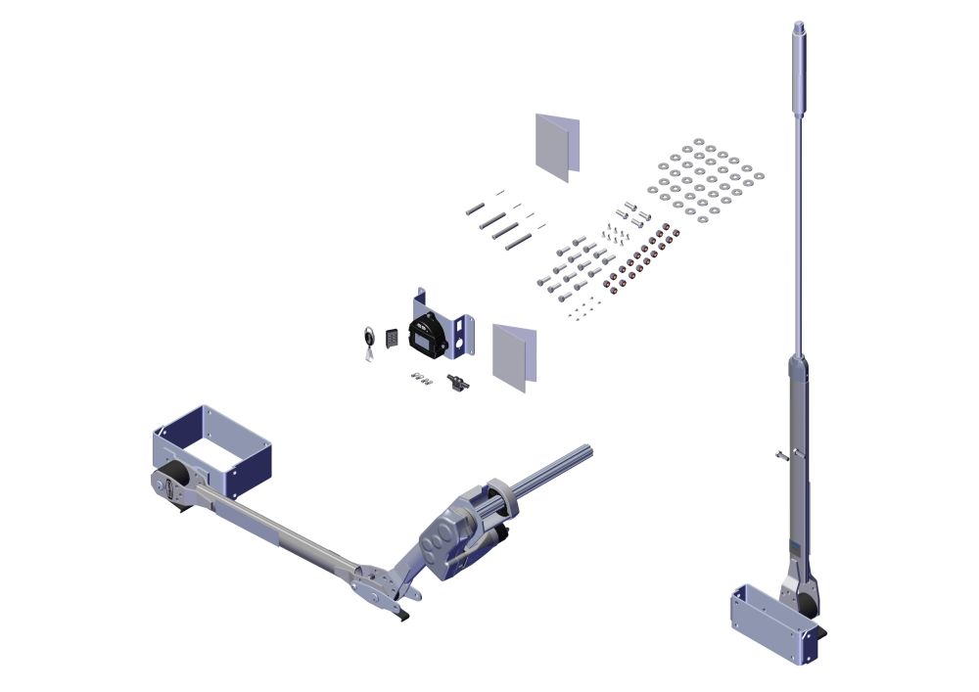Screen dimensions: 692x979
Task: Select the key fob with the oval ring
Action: click(366, 339)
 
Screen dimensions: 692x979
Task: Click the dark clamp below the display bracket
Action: click(455, 382)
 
